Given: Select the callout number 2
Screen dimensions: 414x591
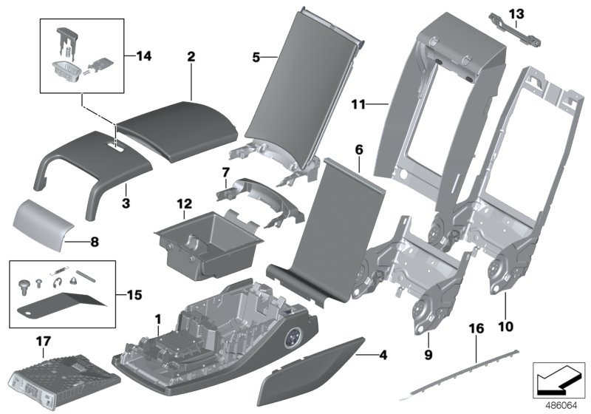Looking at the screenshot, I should point(191,56).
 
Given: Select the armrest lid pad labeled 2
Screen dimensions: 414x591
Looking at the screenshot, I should point(177,133).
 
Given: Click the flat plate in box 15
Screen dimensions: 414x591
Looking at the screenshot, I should point(59,303).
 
